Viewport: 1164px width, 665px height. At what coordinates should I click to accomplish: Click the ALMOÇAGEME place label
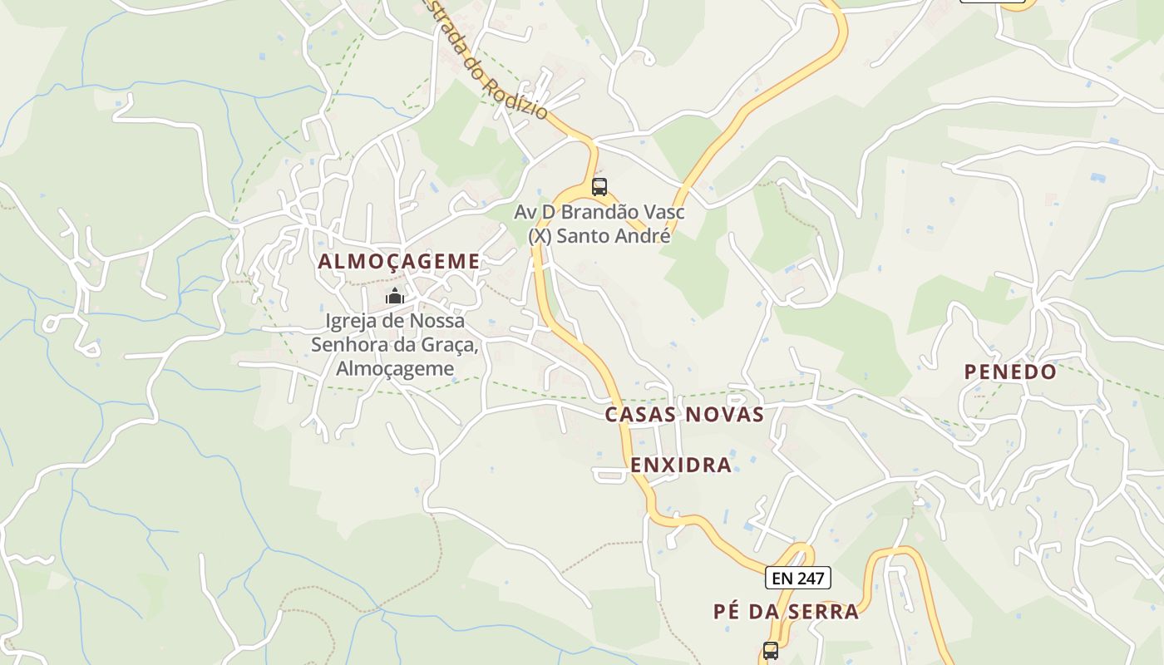399,261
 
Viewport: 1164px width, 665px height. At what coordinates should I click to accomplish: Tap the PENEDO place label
1010,372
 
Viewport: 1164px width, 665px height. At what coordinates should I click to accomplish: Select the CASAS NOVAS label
684,414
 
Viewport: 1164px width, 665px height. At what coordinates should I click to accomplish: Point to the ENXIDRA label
681,465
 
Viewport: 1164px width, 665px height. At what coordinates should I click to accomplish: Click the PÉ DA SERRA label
786,612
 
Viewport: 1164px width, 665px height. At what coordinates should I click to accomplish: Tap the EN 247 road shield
798,578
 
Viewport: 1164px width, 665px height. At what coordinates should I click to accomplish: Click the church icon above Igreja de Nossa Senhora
395,297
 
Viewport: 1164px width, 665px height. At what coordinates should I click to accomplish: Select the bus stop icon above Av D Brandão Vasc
599,187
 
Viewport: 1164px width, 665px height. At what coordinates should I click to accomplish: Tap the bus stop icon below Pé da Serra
771,650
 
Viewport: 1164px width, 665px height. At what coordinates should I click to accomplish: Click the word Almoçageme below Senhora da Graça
395,368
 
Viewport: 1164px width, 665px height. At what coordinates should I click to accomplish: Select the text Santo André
613,235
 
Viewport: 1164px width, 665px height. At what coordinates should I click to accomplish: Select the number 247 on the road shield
809,578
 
